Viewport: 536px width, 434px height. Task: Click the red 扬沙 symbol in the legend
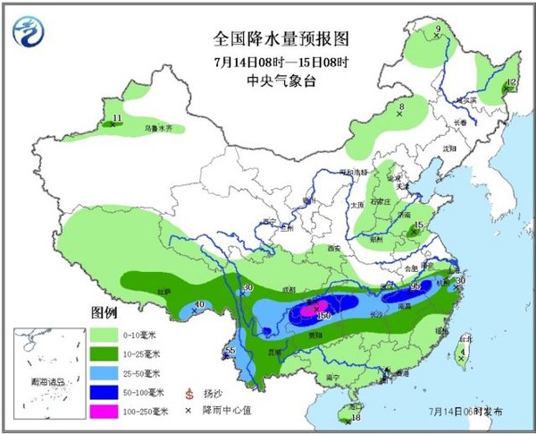[x=189, y=393]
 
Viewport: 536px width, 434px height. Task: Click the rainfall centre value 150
[x=323, y=317]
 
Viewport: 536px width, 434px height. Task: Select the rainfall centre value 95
[x=415, y=286]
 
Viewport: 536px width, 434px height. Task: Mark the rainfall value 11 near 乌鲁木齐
[x=117, y=118]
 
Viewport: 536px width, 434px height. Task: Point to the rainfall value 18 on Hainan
[x=356, y=418]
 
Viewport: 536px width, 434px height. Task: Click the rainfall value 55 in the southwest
[x=230, y=350]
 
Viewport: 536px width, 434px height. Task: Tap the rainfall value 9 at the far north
[x=438, y=30]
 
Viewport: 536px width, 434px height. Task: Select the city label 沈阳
[x=450, y=149]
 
